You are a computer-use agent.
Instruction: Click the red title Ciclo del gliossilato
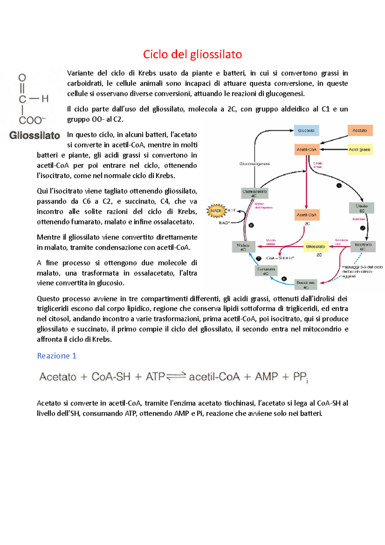coord(192,54)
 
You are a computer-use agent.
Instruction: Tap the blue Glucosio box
coord(306,131)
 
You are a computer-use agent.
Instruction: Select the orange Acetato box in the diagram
coord(360,131)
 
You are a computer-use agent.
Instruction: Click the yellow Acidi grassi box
coord(360,150)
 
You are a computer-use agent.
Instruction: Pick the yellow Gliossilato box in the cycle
coord(315,247)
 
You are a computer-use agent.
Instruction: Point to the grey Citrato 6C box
coord(362,208)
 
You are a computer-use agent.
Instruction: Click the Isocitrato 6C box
coord(363,247)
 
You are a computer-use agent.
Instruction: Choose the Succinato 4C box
coord(306,285)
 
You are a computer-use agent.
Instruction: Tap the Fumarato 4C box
coord(266,271)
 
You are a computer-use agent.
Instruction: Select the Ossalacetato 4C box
coord(254,193)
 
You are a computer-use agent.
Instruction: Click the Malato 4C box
coord(244,247)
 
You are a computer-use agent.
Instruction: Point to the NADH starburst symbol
coord(217,211)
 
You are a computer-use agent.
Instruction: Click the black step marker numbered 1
coord(339,186)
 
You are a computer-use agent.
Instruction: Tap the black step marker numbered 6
coord(284,279)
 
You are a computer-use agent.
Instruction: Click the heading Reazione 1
coord(56,356)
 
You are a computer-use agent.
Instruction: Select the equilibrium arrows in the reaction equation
coord(176,376)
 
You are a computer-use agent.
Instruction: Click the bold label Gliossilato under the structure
coord(35,135)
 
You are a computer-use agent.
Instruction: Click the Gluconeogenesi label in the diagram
coord(254,164)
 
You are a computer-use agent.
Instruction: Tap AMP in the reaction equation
coord(266,376)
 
